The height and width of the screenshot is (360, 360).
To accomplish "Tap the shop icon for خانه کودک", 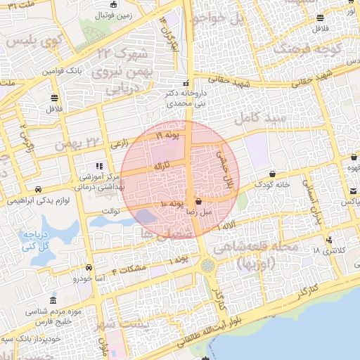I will click(273, 174).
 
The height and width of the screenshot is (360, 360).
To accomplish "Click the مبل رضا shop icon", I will click(198, 200).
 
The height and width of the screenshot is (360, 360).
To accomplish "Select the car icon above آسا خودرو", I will click(89, 268).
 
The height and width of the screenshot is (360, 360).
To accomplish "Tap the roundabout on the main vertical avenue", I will click(208, 266).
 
